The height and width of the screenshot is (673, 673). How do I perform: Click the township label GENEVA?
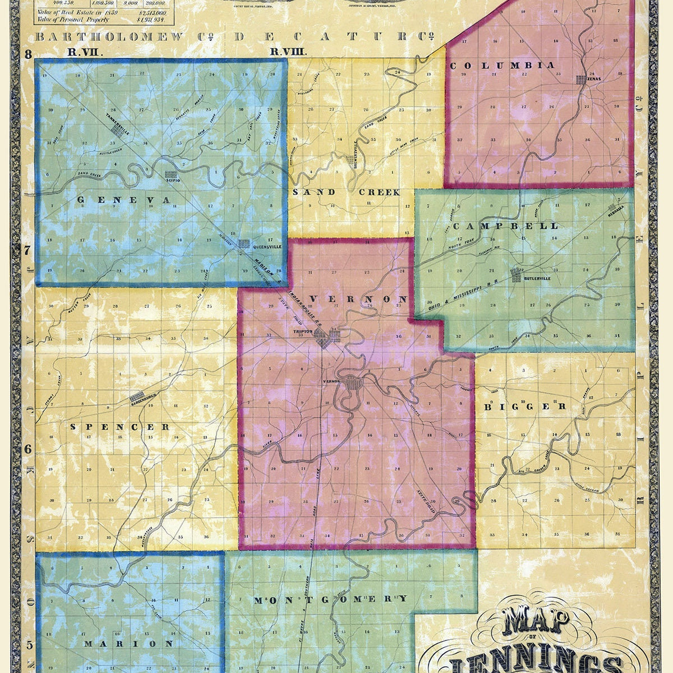(x=123, y=200)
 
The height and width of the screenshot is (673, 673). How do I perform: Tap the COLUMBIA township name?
(x=502, y=66)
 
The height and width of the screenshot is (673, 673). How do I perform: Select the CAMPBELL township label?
(x=506, y=226)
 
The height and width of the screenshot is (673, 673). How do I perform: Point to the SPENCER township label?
(x=120, y=427)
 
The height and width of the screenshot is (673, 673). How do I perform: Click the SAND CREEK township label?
(x=346, y=192)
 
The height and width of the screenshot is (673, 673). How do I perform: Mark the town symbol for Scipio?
(x=170, y=174)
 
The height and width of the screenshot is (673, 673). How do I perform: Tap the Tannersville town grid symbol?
(x=117, y=130)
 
